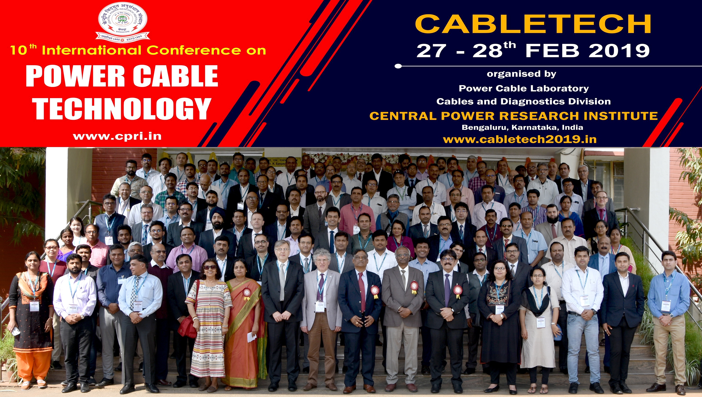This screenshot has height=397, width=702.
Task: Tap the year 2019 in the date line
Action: (619, 51)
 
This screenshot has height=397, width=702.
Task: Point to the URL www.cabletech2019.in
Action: (519, 140)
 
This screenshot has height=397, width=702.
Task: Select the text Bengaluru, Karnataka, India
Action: (522, 127)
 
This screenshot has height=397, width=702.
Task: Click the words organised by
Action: (521, 74)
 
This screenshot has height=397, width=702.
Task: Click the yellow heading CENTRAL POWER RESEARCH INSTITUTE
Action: (513, 116)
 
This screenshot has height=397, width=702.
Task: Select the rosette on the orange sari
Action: (247, 292)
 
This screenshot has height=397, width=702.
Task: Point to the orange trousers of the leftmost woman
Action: (33, 365)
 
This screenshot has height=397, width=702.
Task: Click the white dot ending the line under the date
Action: (398, 66)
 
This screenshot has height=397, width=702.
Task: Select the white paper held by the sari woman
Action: (252, 337)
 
